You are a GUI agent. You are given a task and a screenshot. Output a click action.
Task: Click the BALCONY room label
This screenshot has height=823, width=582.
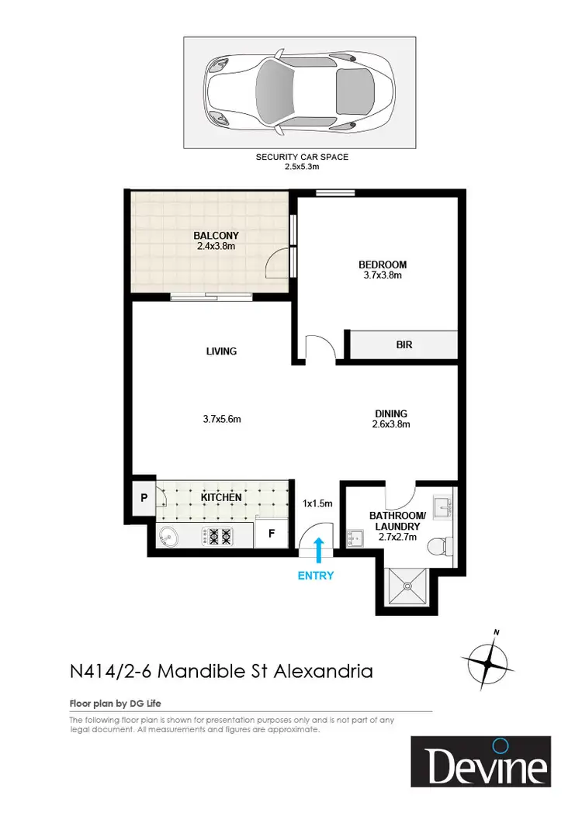click(x=217, y=235)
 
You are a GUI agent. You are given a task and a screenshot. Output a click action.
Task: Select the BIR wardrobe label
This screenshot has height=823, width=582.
click(x=404, y=345)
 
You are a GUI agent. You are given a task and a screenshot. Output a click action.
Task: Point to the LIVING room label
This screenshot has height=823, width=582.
click(x=222, y=351)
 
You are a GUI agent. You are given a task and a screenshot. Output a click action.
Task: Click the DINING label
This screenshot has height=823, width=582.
click(x=390, y=413)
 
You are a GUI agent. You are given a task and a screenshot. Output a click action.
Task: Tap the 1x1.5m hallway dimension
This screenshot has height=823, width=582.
click(x=317, y=503)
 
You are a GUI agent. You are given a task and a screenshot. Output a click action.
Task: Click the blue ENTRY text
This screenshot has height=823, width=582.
click(x=316, y=576)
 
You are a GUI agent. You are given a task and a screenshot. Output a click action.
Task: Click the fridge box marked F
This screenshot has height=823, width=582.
click(x=272, y=534)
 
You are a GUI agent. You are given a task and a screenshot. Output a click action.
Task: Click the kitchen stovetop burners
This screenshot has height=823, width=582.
click(x=217, y=534)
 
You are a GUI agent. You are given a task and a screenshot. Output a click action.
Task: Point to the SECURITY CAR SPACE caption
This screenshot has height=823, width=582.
click(x=302, y=157)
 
